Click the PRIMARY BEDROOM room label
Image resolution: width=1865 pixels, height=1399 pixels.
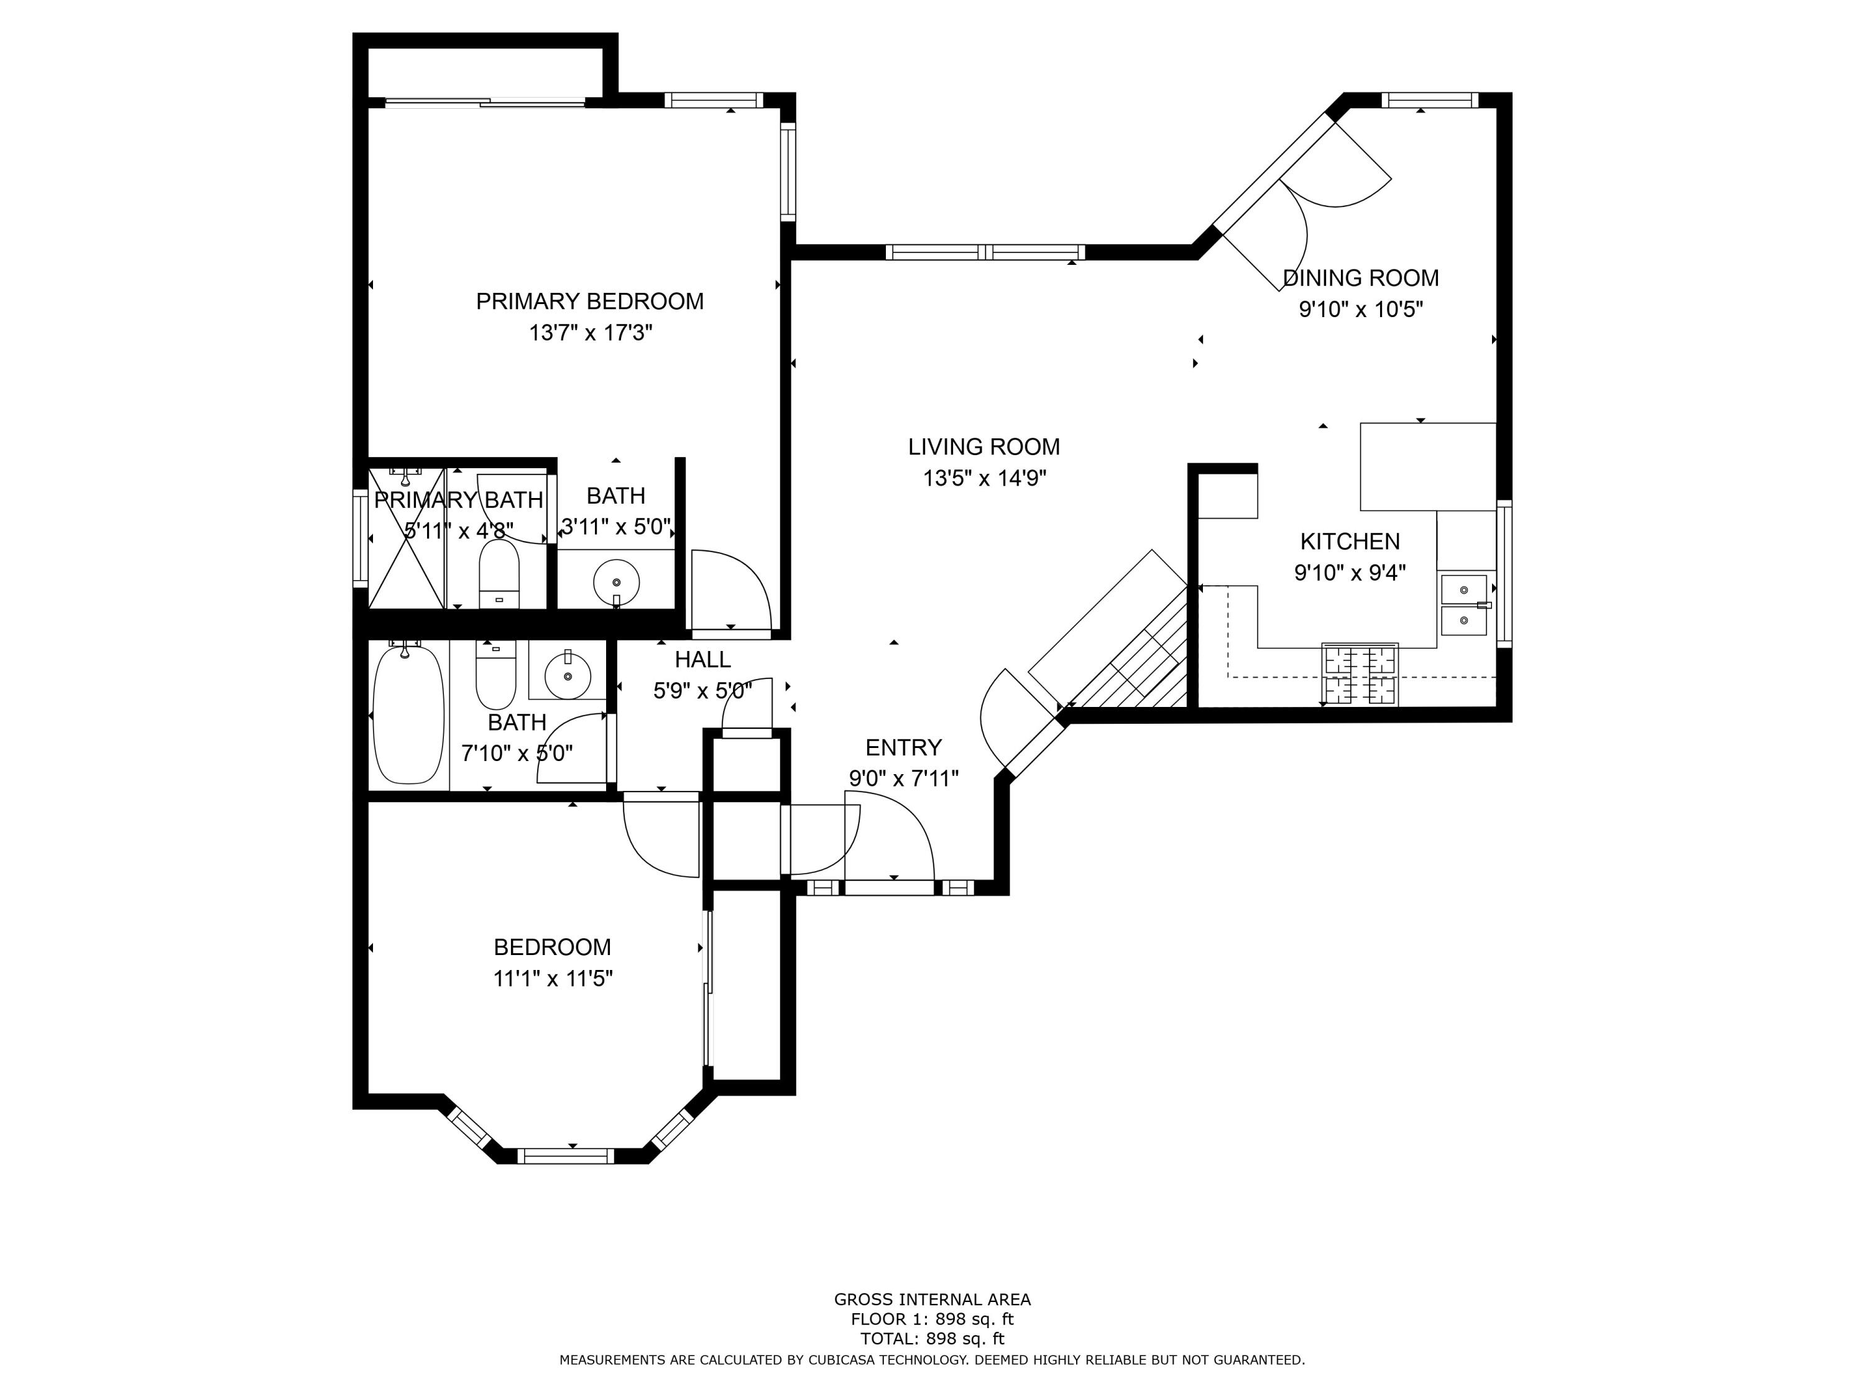coord(589,301)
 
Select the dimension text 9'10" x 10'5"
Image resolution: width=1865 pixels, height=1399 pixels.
coord(1361,310)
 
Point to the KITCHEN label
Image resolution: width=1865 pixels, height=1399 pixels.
coord(1350,542)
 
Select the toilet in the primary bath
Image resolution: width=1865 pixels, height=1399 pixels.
coord(499,573)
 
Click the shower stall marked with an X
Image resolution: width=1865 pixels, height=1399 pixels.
coord(407,538)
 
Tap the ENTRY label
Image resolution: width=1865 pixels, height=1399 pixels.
coord(904,747)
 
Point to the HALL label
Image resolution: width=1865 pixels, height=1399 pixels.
coord(702,660)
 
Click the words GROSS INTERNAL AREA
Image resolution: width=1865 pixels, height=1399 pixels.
coord(932,1300)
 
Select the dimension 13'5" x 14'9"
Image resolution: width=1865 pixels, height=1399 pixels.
coord(984,478)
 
